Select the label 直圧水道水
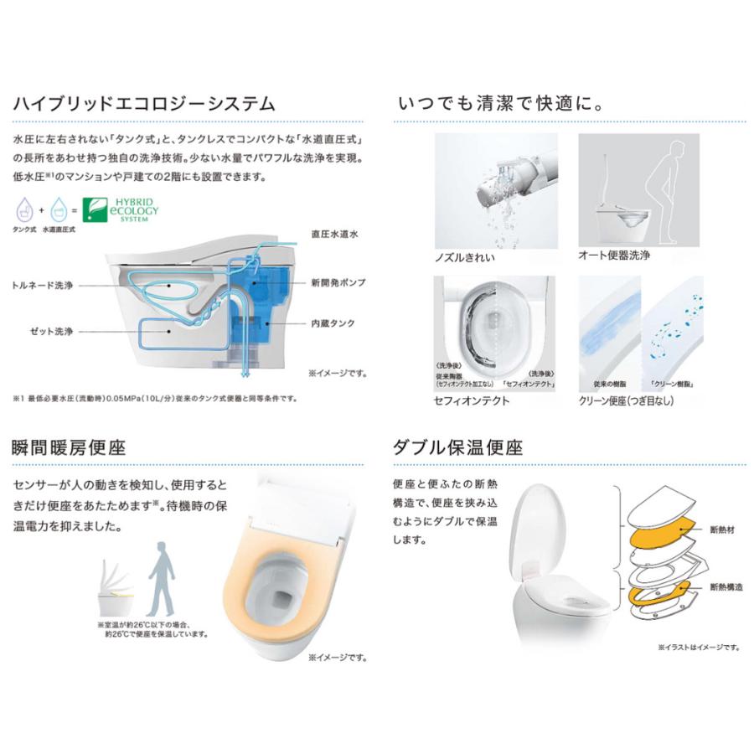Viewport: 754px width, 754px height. [x=334, y=237]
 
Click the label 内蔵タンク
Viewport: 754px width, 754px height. [x=333, y=322]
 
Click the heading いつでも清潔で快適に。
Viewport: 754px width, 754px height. [x=501, y=104]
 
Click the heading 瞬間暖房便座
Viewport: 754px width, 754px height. [x=69, y=447]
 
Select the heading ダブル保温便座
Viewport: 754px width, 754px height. [x=457, y=447]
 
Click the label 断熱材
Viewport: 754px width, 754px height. [x=720, y=530]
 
